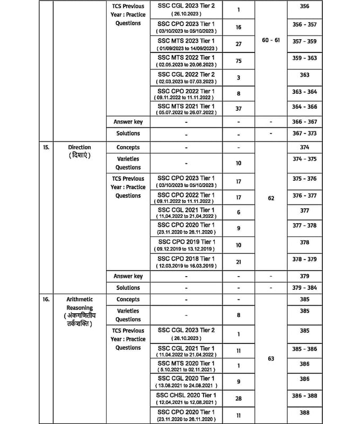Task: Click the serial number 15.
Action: coord(46,147)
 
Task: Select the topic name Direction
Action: coord(80,147)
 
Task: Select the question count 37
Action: coord(239,109)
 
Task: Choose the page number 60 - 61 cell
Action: coord(271,40)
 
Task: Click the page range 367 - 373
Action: coord(304,134)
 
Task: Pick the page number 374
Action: coord(304,148)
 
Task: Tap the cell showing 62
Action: coord(271,198)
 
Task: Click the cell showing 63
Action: coord(271,359)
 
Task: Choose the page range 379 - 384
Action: coord(304,288)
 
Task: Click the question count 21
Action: coord(239,262)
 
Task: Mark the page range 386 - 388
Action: coord(304,396)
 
